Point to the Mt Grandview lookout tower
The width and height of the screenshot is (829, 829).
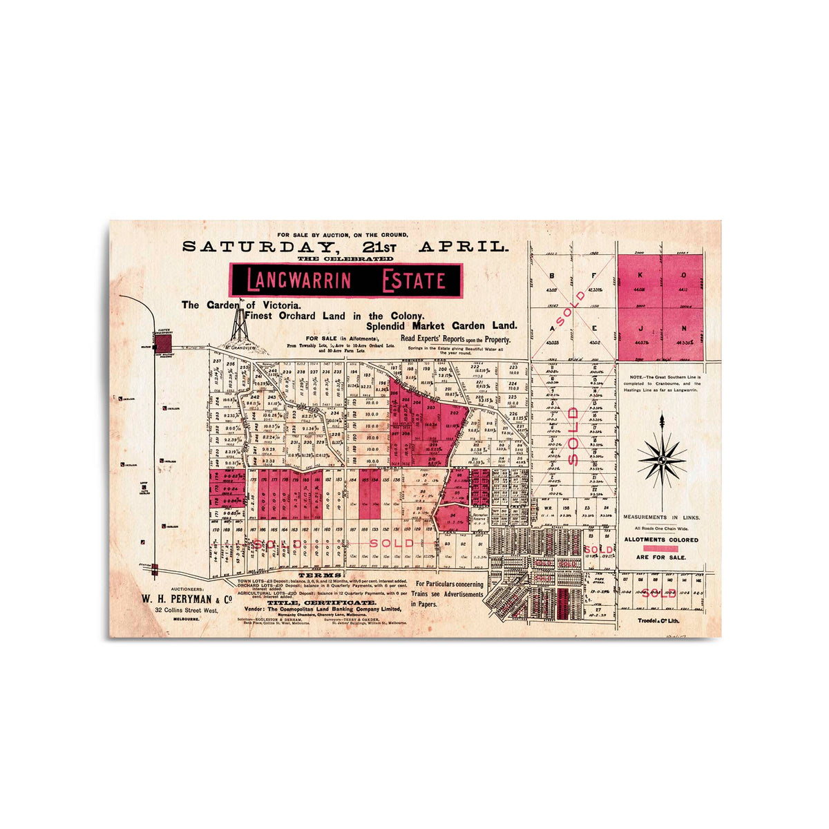[240, 328]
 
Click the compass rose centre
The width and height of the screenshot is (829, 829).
[662, 459]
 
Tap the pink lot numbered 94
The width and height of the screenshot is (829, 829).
[452, 515]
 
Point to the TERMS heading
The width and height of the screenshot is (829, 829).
[319, 575]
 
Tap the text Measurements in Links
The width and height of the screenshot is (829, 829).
[661, 517]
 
